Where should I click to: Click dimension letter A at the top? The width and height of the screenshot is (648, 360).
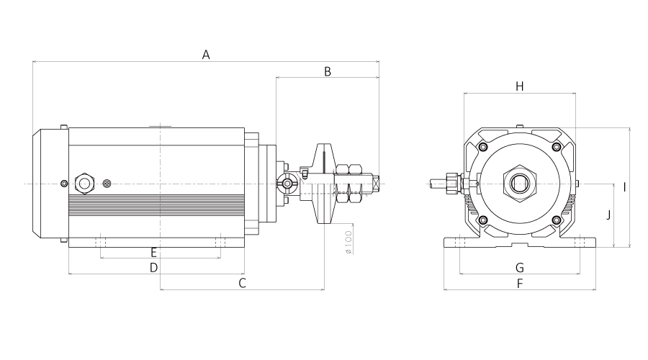pyautogui.click(x=206, y=55)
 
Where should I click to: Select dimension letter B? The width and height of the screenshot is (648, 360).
pyautogui.click(x=328, y=72)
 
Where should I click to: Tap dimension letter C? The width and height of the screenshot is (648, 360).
pyautogui.click(x=243, y=283)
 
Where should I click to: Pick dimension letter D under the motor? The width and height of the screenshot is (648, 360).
pyautogui.click(x=154, y=268)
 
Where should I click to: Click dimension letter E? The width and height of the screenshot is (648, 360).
pyautogui.click(x=154, y=253)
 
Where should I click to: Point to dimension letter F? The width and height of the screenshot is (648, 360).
pyautogui.click(x=520, y=284)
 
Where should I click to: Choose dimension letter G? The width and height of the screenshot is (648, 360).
pyautogui.click(x=520, y=268)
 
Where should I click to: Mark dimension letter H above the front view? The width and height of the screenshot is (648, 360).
pyautogui.click(x=520, y=86)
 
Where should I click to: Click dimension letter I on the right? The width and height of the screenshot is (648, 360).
pyautogui.click(x=624, y=187)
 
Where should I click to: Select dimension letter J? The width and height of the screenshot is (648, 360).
pyautogui.click(x=608, y=215)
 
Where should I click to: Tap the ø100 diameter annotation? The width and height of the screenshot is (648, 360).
pyautogui.click(x=348, y=242)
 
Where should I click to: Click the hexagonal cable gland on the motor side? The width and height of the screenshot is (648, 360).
pyautogui.click(x=85, y=184)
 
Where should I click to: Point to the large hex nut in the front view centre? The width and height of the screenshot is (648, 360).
pyautogui.click(x=519, y=183)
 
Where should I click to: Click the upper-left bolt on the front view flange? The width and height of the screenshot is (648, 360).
pyautogui.click(x=482, y=147)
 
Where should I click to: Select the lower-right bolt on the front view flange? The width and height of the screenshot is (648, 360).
pyautogui.click(x=557, y=220)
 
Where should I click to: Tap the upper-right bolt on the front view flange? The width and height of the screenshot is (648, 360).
pyautogui.click(x=557, y=147)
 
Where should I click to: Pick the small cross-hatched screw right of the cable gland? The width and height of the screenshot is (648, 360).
pyautogui.click(x=107, y=183)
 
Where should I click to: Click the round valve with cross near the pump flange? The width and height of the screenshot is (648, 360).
pyautogui.click(x=287, y=183)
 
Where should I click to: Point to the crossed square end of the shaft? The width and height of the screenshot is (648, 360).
pyautogui.click(x=376, y=184)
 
